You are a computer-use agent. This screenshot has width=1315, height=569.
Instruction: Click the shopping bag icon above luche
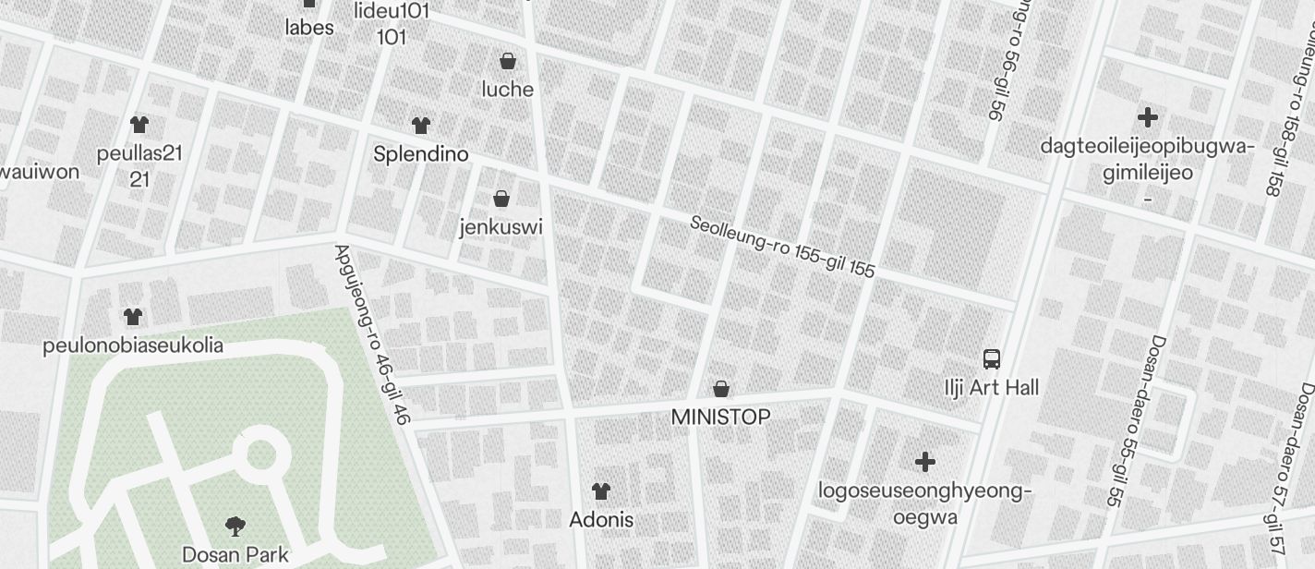tap(507, 62)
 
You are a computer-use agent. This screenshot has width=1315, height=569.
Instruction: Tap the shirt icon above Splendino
tap(421, 126)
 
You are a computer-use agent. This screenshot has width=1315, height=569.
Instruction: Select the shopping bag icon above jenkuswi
tap(501, 199)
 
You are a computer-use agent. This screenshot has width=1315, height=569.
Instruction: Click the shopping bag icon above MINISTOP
tap(720, 389)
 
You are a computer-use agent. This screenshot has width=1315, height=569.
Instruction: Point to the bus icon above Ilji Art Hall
tap(992, 359)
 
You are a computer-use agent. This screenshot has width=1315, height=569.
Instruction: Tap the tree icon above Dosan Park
tap(235, 527)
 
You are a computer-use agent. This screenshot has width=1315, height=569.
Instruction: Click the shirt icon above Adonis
tap(601, 491)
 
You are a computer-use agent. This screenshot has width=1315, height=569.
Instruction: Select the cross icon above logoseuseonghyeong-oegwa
tap(924, 462)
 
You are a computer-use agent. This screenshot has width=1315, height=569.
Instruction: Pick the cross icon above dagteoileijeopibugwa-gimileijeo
tap(1147, 117)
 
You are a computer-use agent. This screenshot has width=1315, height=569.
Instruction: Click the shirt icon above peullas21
tap(139, 125)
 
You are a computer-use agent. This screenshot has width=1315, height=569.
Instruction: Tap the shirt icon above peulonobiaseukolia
tap(133, 317)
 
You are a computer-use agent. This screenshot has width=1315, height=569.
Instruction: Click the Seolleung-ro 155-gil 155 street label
tap(782, 247)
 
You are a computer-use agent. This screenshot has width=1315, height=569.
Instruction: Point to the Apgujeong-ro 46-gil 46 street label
tap(371, 334)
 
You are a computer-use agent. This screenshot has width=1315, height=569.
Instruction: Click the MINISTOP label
tap(720, 418)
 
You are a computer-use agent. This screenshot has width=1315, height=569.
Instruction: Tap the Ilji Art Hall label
tap(992, 388)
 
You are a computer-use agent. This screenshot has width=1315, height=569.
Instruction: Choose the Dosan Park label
tap(235, 555)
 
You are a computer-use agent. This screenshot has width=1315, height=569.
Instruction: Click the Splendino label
tap(421, 154)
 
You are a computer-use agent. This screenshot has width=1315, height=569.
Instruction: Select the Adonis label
tap(601, 520)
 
